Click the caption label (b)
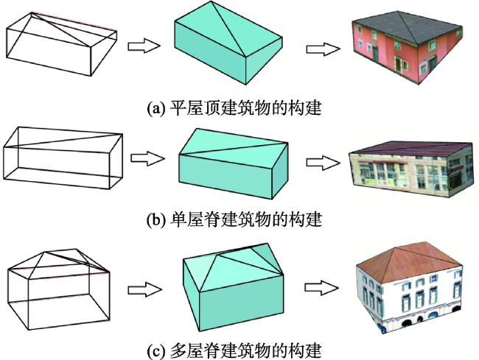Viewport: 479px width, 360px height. tap(157, 219)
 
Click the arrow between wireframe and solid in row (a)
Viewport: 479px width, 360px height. tap(144, 46)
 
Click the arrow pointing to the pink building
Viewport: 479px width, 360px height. tap(321, 49)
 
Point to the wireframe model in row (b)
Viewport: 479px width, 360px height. tap(62, 160)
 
